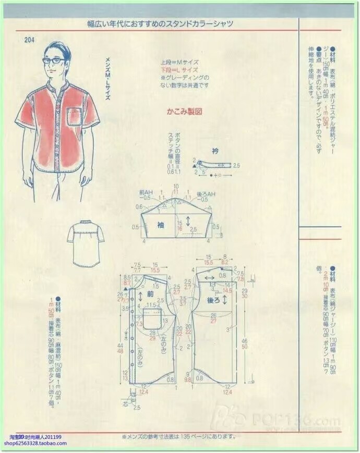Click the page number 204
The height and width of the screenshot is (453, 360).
[29, 42]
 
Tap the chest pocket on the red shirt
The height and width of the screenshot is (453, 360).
[75, 116]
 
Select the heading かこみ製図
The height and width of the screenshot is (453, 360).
[184, 112]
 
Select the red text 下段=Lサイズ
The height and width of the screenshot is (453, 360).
[179, 69]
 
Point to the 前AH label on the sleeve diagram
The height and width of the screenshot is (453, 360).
[145, 193]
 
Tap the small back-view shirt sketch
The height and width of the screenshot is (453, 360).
[86, 241]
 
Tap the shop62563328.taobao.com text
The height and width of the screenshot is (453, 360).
[35, 444]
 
